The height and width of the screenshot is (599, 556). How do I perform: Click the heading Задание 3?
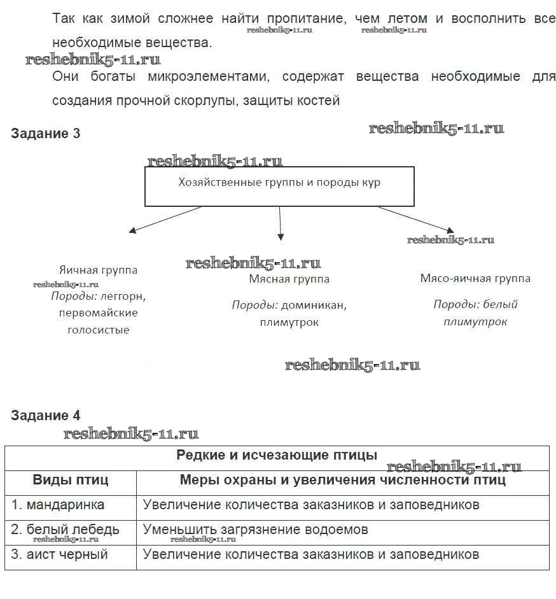(x=46, y=134)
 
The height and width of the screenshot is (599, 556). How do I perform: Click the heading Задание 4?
(x=46, y=416)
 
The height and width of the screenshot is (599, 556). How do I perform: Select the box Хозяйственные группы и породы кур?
(x=279, y=186)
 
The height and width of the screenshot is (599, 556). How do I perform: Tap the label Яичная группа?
(x=98, y=270)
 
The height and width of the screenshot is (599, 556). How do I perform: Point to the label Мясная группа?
(x=289, y=279)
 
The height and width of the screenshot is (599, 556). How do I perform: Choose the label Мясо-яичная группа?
(x=475, y=278)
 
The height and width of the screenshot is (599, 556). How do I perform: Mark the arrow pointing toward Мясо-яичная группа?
(x=417, y=219)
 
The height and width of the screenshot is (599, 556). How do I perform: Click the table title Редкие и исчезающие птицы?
(x=277, y=455)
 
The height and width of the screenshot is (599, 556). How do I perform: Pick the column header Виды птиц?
(x=71, y=480)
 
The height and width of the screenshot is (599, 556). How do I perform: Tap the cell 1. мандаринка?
(x=58, y=505)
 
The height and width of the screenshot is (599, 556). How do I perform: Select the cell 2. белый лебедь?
(x=65, y=530)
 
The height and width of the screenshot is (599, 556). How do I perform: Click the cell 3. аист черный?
(x=60, y=554)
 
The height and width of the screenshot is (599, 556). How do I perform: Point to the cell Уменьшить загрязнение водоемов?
(x=256, y=530)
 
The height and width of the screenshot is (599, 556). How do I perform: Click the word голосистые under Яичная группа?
(x=98, y=330)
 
